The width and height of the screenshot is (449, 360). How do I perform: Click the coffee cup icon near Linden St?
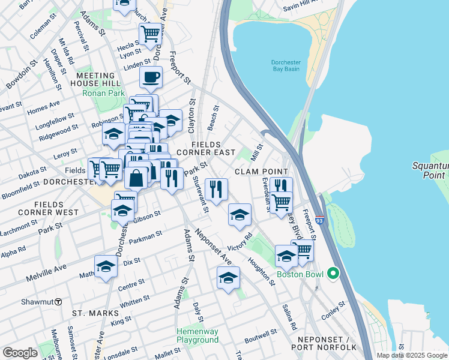point(151,77)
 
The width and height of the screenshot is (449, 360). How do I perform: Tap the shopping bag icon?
point(137,178)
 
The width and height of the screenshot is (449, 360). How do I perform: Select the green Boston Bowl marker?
point(333,274)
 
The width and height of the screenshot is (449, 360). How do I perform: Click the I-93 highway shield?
point(320,221)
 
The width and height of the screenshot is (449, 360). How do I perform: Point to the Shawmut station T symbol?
point(58,301)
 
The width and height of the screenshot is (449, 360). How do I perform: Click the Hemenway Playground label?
point(197,335)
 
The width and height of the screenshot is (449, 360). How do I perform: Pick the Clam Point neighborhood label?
point(258,172)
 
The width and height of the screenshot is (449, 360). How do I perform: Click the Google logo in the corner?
point(20,353)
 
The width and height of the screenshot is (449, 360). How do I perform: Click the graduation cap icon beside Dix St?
point(106,266)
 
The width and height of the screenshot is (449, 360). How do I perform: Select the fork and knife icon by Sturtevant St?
point(216,189)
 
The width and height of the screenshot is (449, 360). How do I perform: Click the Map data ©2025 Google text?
point(412,355)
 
